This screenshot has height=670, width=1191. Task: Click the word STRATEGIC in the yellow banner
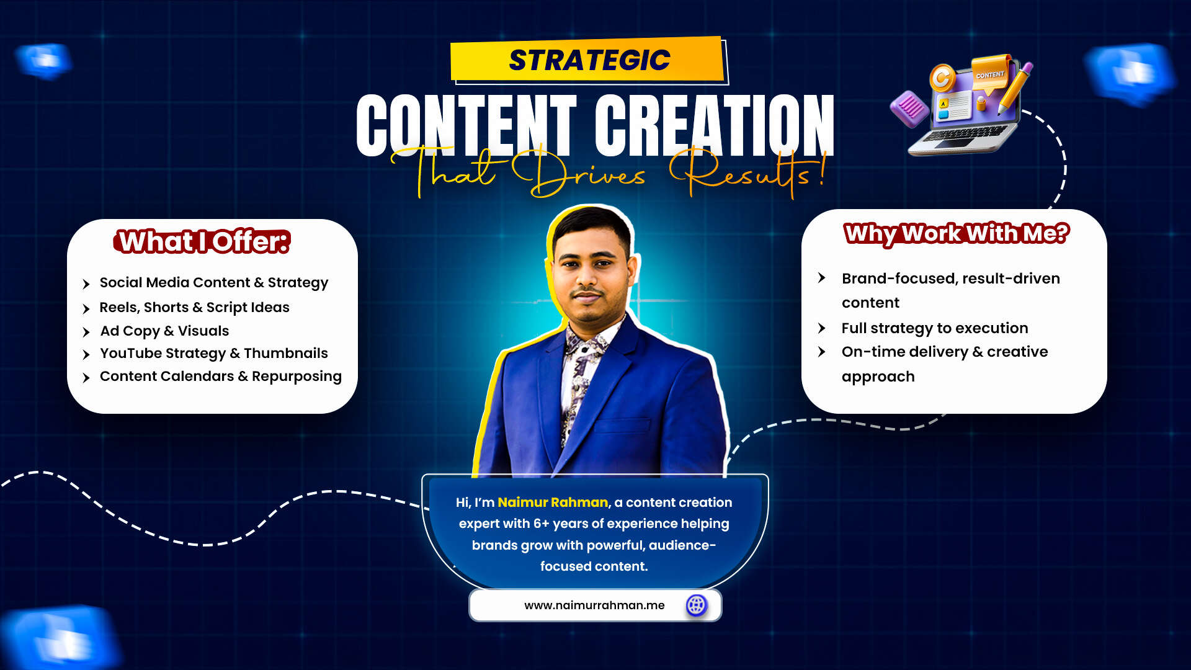[x=589, y=60]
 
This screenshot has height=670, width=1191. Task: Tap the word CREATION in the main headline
[x=714, y=125]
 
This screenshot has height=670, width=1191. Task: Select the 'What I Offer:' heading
[x=202, y=241]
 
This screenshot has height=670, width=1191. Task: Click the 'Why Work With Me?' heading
[x=957, y=234]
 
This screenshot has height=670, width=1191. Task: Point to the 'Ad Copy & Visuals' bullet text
[x=164, y=331]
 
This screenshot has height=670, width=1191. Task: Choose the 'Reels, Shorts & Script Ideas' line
[x=194, y=308]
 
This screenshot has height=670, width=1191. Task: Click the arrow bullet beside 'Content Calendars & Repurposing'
[x=86, y=377]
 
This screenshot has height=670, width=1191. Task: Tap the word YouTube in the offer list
[x=130, y=353]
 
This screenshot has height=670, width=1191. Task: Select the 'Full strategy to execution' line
[x=935, y=328]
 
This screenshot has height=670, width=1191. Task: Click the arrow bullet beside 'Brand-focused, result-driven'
[x=822, y=278]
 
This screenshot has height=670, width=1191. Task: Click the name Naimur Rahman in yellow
[x=553, y=502]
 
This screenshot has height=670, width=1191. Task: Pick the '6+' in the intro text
[x=541, y=524]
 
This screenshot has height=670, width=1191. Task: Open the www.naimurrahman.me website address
[x=594, y=605]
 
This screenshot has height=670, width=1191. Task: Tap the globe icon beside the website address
[x=697, y=605]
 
